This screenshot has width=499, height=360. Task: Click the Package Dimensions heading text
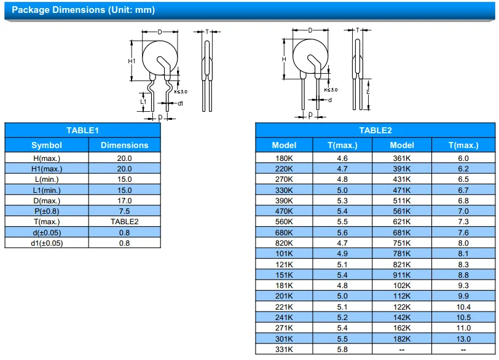(84, 10)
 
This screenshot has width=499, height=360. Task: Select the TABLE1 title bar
(82, 130)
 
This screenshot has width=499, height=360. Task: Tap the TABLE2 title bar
(375, 130)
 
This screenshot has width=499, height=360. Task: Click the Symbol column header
(47, 146)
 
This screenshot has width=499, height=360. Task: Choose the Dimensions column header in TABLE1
(125, 146)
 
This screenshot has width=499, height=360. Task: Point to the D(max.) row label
(47, 200)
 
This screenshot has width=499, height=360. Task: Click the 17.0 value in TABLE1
(125, 200)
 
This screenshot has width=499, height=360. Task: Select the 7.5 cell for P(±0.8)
(125, 211)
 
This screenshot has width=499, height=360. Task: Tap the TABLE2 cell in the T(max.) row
(125, 221)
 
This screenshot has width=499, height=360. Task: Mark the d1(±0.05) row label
(47, 243)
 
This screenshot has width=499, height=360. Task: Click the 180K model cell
(284, 158)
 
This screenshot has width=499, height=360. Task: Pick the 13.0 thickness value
(463, 338)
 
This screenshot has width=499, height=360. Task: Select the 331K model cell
(284, 349)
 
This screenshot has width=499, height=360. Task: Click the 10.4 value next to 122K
(463, 307)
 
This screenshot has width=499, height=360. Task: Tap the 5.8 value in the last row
(342, 349)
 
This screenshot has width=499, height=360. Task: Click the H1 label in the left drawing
(132, 61)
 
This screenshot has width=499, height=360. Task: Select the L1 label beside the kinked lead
(143, 102)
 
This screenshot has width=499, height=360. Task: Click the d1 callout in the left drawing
(180, 103)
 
